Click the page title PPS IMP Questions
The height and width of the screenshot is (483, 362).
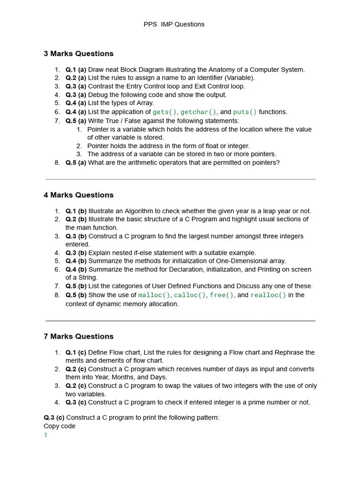tap(174, 24)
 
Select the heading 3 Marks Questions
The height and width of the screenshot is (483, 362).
tap(78, 54)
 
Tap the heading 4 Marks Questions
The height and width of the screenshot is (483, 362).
tap(78, 195)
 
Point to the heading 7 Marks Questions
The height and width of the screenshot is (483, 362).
tap(78, 337)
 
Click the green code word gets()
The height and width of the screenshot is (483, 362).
tap(165, 112)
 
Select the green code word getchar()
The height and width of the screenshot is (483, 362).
tap(198, 112)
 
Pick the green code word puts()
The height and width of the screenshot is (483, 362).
tap(245, 112)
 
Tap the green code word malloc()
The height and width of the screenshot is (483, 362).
tap(154, 295)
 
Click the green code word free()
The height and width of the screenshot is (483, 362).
tap(222, 295)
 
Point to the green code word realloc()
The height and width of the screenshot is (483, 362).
tap(268, 295)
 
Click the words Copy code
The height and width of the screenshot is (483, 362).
tap(59, 426)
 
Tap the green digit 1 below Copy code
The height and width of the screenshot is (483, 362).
tap(46, 435)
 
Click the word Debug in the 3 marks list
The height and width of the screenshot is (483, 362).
tap(98, 95)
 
